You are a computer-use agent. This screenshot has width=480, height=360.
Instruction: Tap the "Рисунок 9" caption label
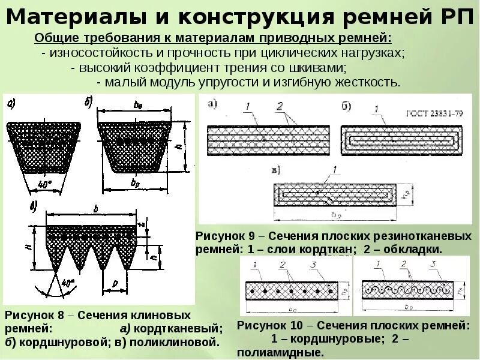pyautogui.click(x=225, y=236)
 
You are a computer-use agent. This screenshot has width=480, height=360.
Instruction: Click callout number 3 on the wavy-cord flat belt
pyautogui.click(x=433, y=264)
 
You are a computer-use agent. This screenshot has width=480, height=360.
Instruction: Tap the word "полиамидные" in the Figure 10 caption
pyautogui.click(x=273, y=352)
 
